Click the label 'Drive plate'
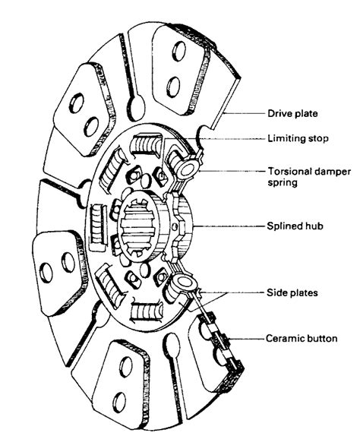point(292,113)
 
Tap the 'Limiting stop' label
point(298,138)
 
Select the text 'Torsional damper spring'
point(309,177)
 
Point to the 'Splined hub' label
point(295,226)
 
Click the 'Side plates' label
point(292,292)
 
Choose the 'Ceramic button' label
point(302,339)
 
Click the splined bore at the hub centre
point(137,226)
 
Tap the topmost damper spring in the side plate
point(147,144)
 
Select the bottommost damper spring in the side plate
point(147,311)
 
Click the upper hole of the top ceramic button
point(178,52)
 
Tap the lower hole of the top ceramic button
point(173,87)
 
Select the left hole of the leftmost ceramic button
point(46,273)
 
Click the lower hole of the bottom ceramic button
point(119,403)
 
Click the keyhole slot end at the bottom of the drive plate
point(172,345)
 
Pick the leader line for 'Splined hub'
point(229,226)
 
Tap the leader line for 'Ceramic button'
point(246,339)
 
